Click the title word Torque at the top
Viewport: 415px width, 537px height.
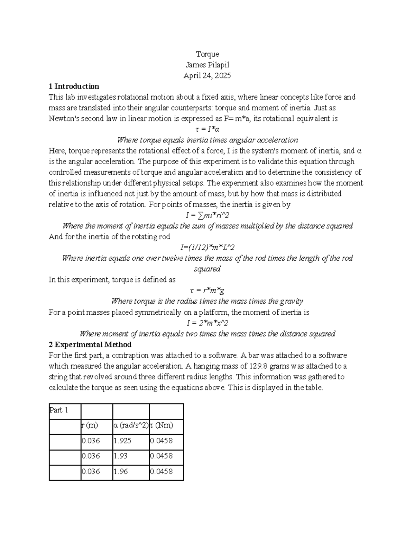coord(207,54)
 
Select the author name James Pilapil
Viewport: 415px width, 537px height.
coord(207,65)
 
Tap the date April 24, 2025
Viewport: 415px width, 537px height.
coord(207,75)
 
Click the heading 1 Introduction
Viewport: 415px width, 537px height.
coord(74,86)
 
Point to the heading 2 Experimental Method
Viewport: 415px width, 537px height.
coord(90,344)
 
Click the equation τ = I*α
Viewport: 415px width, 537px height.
coord(207,129)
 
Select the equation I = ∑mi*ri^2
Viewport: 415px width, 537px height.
coord(207,215)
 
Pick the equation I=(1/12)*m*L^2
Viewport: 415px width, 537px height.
coord(207,247)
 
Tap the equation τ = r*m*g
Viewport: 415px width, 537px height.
coord(207,290)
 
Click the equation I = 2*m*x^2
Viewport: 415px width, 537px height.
coord(207,323)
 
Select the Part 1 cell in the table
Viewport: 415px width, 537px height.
coord(59,410)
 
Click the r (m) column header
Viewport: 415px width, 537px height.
coord(90,425)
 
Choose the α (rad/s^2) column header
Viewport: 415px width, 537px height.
coord(131,425)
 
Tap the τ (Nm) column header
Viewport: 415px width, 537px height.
coord(162,425)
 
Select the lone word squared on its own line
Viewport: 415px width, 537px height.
coord(207,269)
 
